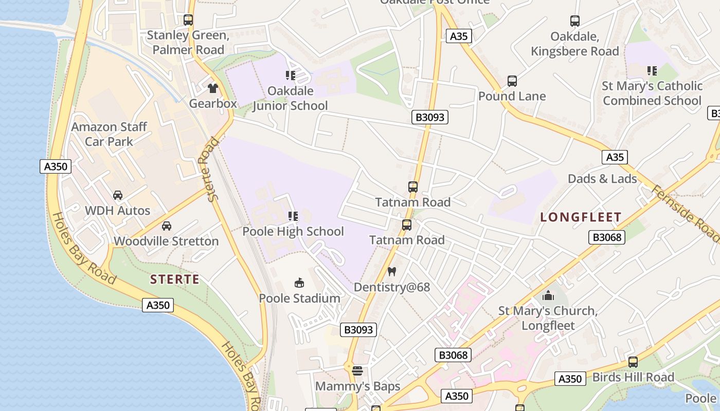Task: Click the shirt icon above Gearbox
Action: (x=213, y=88)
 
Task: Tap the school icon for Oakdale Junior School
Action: (x=291, y=76)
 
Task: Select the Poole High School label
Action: (x=293, y=231)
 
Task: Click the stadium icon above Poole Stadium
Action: (x=299, y=283)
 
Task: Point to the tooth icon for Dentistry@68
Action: (x=392, y=271)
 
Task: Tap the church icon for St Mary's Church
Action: (x=548, y=295)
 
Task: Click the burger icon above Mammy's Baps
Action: (x=357, y=370)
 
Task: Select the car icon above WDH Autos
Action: (x=118, y=195)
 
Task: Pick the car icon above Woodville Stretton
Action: (x=167, y=226)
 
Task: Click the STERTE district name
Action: (x=174, y=279)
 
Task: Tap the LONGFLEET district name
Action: (x=581, y=217)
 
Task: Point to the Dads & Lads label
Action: (x=602, y=179)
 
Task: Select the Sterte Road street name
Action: (x=211, y=169)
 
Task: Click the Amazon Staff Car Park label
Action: (x=109, y=134)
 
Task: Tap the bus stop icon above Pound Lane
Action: (x=512, y=81)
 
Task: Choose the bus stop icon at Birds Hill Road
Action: (x=633, y=362)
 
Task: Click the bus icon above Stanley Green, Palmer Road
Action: (x=188, y=20)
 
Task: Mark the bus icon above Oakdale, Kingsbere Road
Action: (x=575, y=21)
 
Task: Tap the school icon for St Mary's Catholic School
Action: (x=652, y=70)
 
